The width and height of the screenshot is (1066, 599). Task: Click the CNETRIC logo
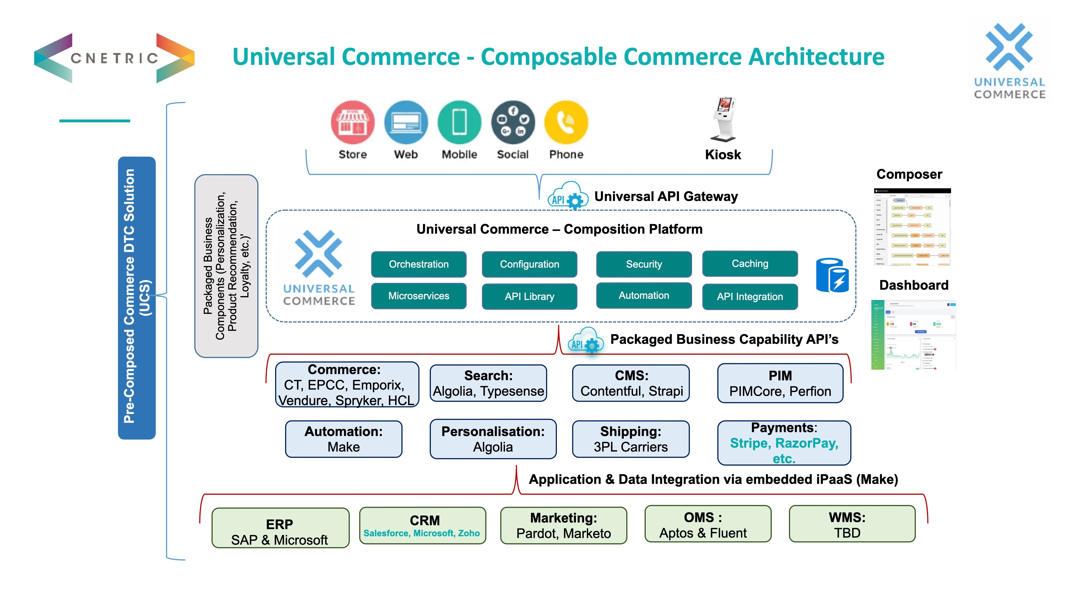(x=114, y=58)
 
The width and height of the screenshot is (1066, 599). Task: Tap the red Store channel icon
(x=353, y=122)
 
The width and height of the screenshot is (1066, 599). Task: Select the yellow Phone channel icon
(x=566, y=122)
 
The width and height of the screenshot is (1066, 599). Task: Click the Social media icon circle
(x=513, y=122)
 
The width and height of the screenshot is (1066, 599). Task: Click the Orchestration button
(x=418, y=264)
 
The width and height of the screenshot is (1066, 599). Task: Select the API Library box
(x=529, y=296)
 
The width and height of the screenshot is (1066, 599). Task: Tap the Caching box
(x=750, y=263)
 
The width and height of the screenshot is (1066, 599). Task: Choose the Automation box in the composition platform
(x=643, y=296)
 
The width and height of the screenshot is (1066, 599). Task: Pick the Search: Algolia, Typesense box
(x=488, y=383)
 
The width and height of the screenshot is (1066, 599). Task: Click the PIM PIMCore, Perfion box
(x=780, y=383)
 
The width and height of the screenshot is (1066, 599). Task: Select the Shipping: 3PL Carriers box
(x=631, y=439)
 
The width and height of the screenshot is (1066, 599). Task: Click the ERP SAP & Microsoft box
(x=280, y=528)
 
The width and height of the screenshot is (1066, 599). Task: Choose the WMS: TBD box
(x=852, y=524)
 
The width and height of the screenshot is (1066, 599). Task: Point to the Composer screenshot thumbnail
(x=912, y=227)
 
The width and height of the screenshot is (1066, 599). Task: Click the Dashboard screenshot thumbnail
(x=913, y=335)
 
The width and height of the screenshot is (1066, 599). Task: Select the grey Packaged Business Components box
(x=226, y=266)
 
